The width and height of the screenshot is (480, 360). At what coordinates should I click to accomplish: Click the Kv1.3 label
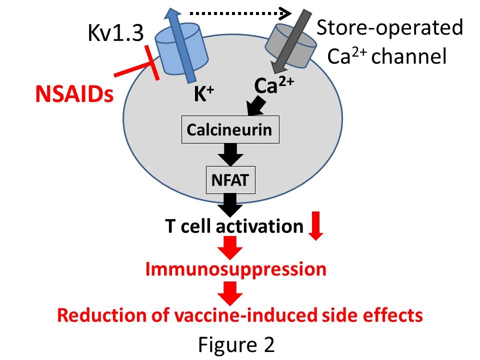click(115, 33)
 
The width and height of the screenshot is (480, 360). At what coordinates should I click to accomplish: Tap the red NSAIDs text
click(74, 93)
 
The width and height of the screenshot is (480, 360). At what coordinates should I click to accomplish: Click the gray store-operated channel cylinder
click(290, 46)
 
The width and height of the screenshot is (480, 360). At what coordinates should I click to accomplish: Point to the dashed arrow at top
click(240, 13)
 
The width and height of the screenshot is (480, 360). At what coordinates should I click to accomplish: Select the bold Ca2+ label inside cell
click(274, 85)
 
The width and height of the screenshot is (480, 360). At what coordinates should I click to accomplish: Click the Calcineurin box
click(230, 129)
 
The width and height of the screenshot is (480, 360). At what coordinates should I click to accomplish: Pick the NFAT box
click(230, 180)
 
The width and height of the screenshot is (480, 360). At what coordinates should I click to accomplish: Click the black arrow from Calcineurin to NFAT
click(230, 154)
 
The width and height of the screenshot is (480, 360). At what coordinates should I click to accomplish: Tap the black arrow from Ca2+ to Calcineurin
click(256, 105)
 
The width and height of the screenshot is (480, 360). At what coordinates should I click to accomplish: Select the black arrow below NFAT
click(230, 205)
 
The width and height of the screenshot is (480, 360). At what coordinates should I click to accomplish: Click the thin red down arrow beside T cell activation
click(315, 225)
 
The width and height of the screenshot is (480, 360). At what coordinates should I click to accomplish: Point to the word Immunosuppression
click(235, 269)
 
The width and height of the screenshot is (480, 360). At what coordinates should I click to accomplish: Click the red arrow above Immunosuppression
click(230, 248)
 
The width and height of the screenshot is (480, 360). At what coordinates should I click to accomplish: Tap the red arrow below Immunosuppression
click(230, 293)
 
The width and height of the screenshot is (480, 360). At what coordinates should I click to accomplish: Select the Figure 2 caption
click(236, 344)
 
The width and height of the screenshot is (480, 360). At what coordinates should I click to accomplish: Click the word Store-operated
click(389, 27)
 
